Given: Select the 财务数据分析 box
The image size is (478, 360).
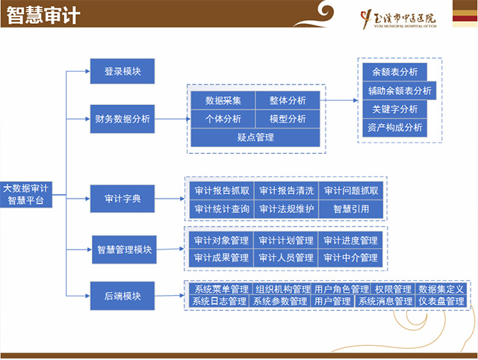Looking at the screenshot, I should [122, 118].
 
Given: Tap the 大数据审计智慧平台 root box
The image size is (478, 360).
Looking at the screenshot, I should [26, 194].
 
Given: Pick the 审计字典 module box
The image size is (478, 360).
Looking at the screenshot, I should [122, 199].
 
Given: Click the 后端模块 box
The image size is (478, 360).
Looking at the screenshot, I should [122, 295].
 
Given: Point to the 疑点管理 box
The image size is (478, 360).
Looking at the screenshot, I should [255, 137].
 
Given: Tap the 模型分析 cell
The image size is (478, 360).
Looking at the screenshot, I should [288, 119].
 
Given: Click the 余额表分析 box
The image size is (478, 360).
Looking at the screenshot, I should [394, 72].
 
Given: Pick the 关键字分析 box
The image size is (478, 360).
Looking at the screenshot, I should [394, 109].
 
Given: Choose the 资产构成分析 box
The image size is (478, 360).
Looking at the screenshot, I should [394, 128].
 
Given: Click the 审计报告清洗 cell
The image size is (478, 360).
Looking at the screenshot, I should [287, 190].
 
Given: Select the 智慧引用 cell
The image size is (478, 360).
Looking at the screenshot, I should [351, 209].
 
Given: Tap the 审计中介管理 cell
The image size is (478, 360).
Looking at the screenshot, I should [351, 258].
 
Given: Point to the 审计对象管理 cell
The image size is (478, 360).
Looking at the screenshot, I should [221, 240].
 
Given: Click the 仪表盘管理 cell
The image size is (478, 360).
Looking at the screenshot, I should [441, 301].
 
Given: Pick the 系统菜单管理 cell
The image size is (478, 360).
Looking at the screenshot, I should [221, 289].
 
